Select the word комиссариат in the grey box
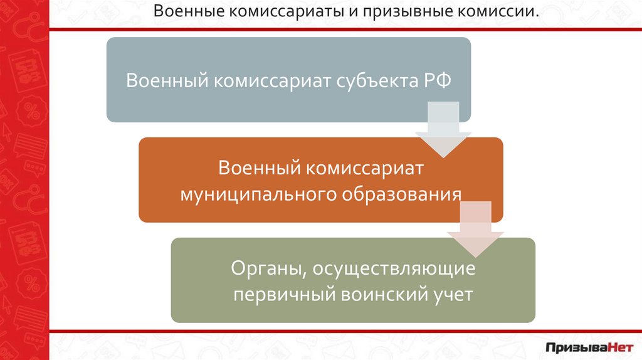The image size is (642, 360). click(270, 82)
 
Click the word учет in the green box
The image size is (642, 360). click(450, 294)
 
